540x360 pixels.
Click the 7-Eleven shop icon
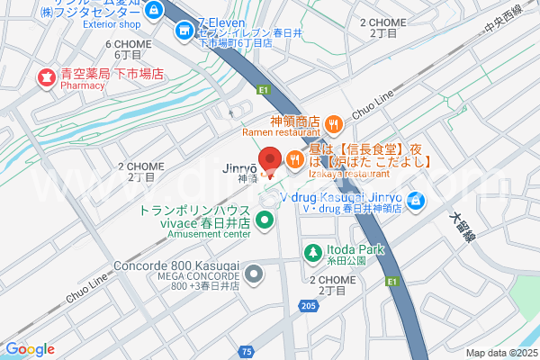184,31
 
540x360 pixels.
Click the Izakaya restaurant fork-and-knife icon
295,160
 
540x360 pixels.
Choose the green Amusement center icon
265,219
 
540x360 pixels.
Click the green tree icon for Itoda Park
313,254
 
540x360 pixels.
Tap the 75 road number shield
247,349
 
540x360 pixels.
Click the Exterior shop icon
153,10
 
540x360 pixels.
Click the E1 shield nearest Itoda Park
391,281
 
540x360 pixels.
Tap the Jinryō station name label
240,168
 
